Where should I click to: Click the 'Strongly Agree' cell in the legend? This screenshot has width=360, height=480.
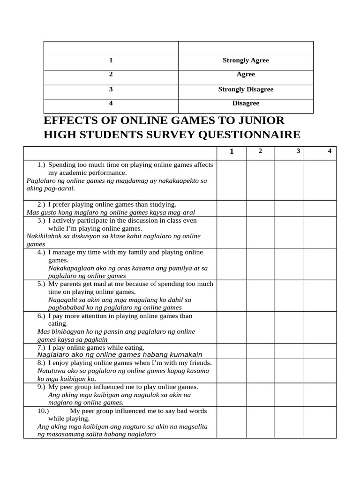(246, 60)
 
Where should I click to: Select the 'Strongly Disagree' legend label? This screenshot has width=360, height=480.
(246, 89)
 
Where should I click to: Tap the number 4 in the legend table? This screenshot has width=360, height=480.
(111, 103)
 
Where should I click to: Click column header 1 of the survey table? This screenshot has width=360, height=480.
(232, 151)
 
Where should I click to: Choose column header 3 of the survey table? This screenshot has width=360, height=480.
(298, 150)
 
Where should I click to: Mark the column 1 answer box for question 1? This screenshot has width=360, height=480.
(231, 180)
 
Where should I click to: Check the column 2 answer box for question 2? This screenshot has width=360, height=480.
(260, 208)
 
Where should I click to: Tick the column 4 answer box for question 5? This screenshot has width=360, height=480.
(320, 296)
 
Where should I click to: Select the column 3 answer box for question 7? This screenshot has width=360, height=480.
(289, 351)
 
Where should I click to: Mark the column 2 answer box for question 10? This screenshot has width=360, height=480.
(260, 422)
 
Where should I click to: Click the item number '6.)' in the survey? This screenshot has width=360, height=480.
(41, 316)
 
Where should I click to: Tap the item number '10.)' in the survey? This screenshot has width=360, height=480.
(43, 411)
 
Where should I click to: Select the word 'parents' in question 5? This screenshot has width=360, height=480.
(71, 284)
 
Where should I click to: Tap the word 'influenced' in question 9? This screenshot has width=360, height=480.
(104, 387)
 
